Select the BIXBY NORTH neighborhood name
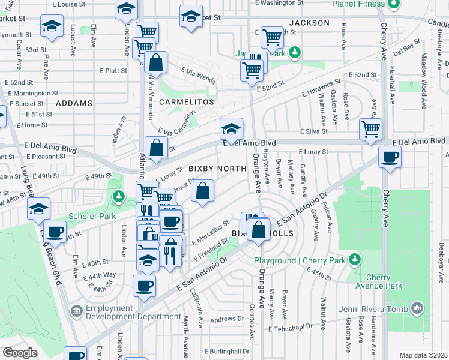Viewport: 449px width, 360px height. click(x=217, y=169)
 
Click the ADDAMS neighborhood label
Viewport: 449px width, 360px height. click(x=74, y=103)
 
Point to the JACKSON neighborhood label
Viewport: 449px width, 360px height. click(x=309, y=23)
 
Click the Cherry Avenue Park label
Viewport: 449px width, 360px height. click(x=384, y=282)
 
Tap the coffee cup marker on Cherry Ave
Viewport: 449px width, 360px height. click(x=390, y=157)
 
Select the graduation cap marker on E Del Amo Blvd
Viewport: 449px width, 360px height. click(x=231, y=128)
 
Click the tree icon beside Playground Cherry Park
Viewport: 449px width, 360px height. click(x=355, y=260)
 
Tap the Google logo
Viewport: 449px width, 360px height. click(x=20, y=352)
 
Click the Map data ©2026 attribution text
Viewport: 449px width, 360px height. click(x=423, y=355)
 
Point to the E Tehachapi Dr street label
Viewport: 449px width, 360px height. click(x=292, y=329)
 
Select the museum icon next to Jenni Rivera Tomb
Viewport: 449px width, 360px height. click(x=417, y=309)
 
